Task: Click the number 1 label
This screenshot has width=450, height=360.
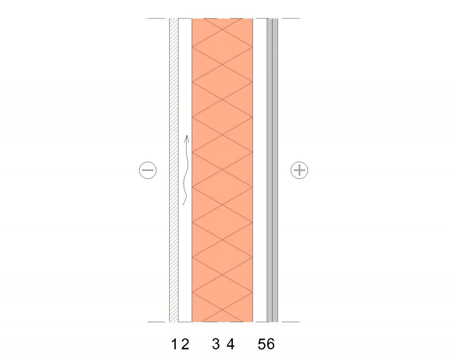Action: [x=174, y=344]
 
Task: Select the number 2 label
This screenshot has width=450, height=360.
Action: [x=185, y=344]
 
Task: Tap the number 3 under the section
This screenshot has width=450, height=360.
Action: [x=216, y=344]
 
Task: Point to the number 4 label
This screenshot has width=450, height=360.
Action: [x=230, y=344]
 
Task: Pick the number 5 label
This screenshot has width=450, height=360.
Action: [x=262, y=344]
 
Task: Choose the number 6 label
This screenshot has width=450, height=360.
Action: [x=270, y=344]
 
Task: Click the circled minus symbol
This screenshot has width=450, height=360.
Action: [x=148, y=170]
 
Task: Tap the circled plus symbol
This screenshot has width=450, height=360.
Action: [x=299, y=170]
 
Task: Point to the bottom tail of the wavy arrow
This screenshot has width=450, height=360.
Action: [x=184, y=205]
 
